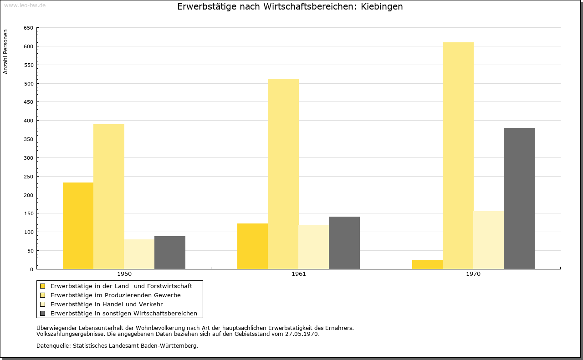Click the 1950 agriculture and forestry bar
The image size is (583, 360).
click(78, 226)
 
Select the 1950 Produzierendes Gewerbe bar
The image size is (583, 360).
click(109, 197)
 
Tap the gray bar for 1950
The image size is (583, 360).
click(170, 253)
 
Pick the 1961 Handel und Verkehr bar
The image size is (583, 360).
click(314, 247)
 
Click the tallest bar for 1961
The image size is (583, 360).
click(283, 174)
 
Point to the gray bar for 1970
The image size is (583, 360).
click(519, 198)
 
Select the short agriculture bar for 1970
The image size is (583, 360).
click(427, 264)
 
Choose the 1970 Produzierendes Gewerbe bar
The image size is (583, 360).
click(458, 156)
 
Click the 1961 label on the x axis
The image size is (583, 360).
click(299, 274)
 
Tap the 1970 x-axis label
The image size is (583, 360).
click(473, 274)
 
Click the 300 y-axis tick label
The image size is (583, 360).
click(28, 158)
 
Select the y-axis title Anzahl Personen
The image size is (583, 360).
click(5, 52)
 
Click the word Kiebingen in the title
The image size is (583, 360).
click(382, 6)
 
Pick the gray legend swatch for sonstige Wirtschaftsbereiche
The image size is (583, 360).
click(42, 314)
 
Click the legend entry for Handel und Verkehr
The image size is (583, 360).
click(107, 304)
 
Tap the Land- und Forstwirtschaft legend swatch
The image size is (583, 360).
click(42, 286)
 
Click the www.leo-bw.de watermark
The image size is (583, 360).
click(25, 5)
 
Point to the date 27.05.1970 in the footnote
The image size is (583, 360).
click(302, 334)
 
